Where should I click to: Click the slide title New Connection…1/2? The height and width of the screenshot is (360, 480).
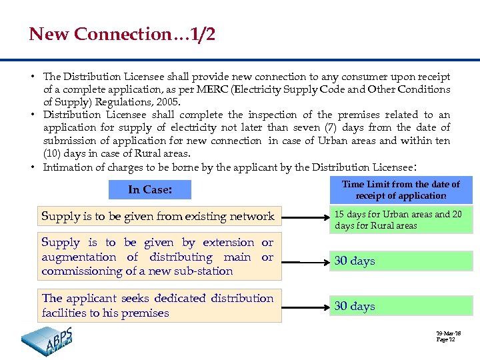[122, 35]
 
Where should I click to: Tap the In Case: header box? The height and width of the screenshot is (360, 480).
[150, 190]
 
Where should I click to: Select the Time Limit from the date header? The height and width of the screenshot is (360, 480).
[401, 190]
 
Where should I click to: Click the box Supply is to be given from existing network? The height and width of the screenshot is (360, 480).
[158, 216]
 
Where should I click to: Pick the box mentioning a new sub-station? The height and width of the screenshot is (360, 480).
[158, 257]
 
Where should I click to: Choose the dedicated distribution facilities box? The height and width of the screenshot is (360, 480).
[158, 305]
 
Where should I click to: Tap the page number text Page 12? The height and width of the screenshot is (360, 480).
[445, 340]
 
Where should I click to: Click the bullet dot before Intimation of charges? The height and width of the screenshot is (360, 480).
[33, 167]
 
